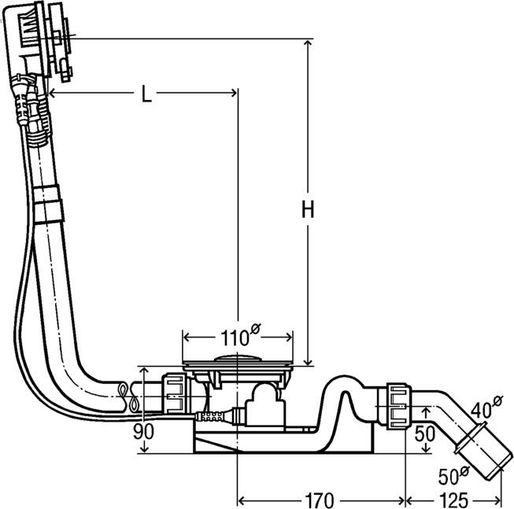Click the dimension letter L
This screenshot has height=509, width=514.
click(x=146, y=94)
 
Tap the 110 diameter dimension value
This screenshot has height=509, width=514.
click(x=233, y=338)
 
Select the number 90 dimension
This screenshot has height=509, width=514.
click(x=143, y=431)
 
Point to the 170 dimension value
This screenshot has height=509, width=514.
click(x=322, y=499)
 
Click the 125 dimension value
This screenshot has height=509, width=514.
click(x=454, y=499)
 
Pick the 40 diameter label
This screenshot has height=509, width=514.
click(x=483, y=408)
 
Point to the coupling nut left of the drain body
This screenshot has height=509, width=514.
click(x=175, y=393)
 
